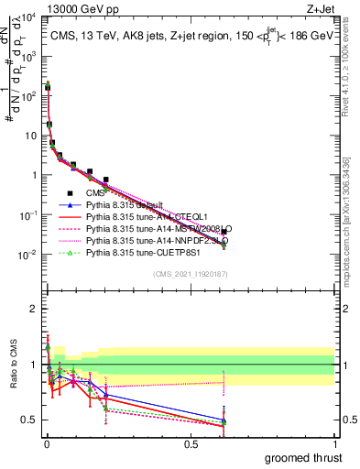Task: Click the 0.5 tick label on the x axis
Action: click(191, 443)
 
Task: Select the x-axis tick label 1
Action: click(334, 443)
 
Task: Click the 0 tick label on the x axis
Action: click(47, 443)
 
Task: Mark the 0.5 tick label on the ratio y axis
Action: click(29, 420)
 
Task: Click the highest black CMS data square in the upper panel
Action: click(47, 88)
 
